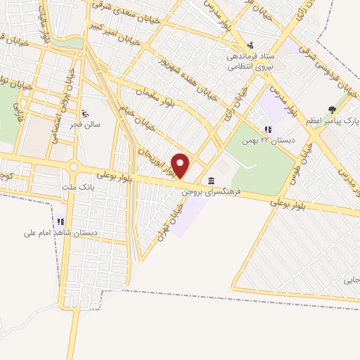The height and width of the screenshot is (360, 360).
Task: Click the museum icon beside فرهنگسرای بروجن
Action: tap(212, 181)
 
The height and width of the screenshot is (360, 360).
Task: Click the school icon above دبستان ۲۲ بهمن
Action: tap(267, 129)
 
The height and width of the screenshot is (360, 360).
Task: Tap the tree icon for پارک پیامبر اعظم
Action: tap(331, 109)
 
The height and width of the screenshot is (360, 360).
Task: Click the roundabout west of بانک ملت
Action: tap(73, 167)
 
